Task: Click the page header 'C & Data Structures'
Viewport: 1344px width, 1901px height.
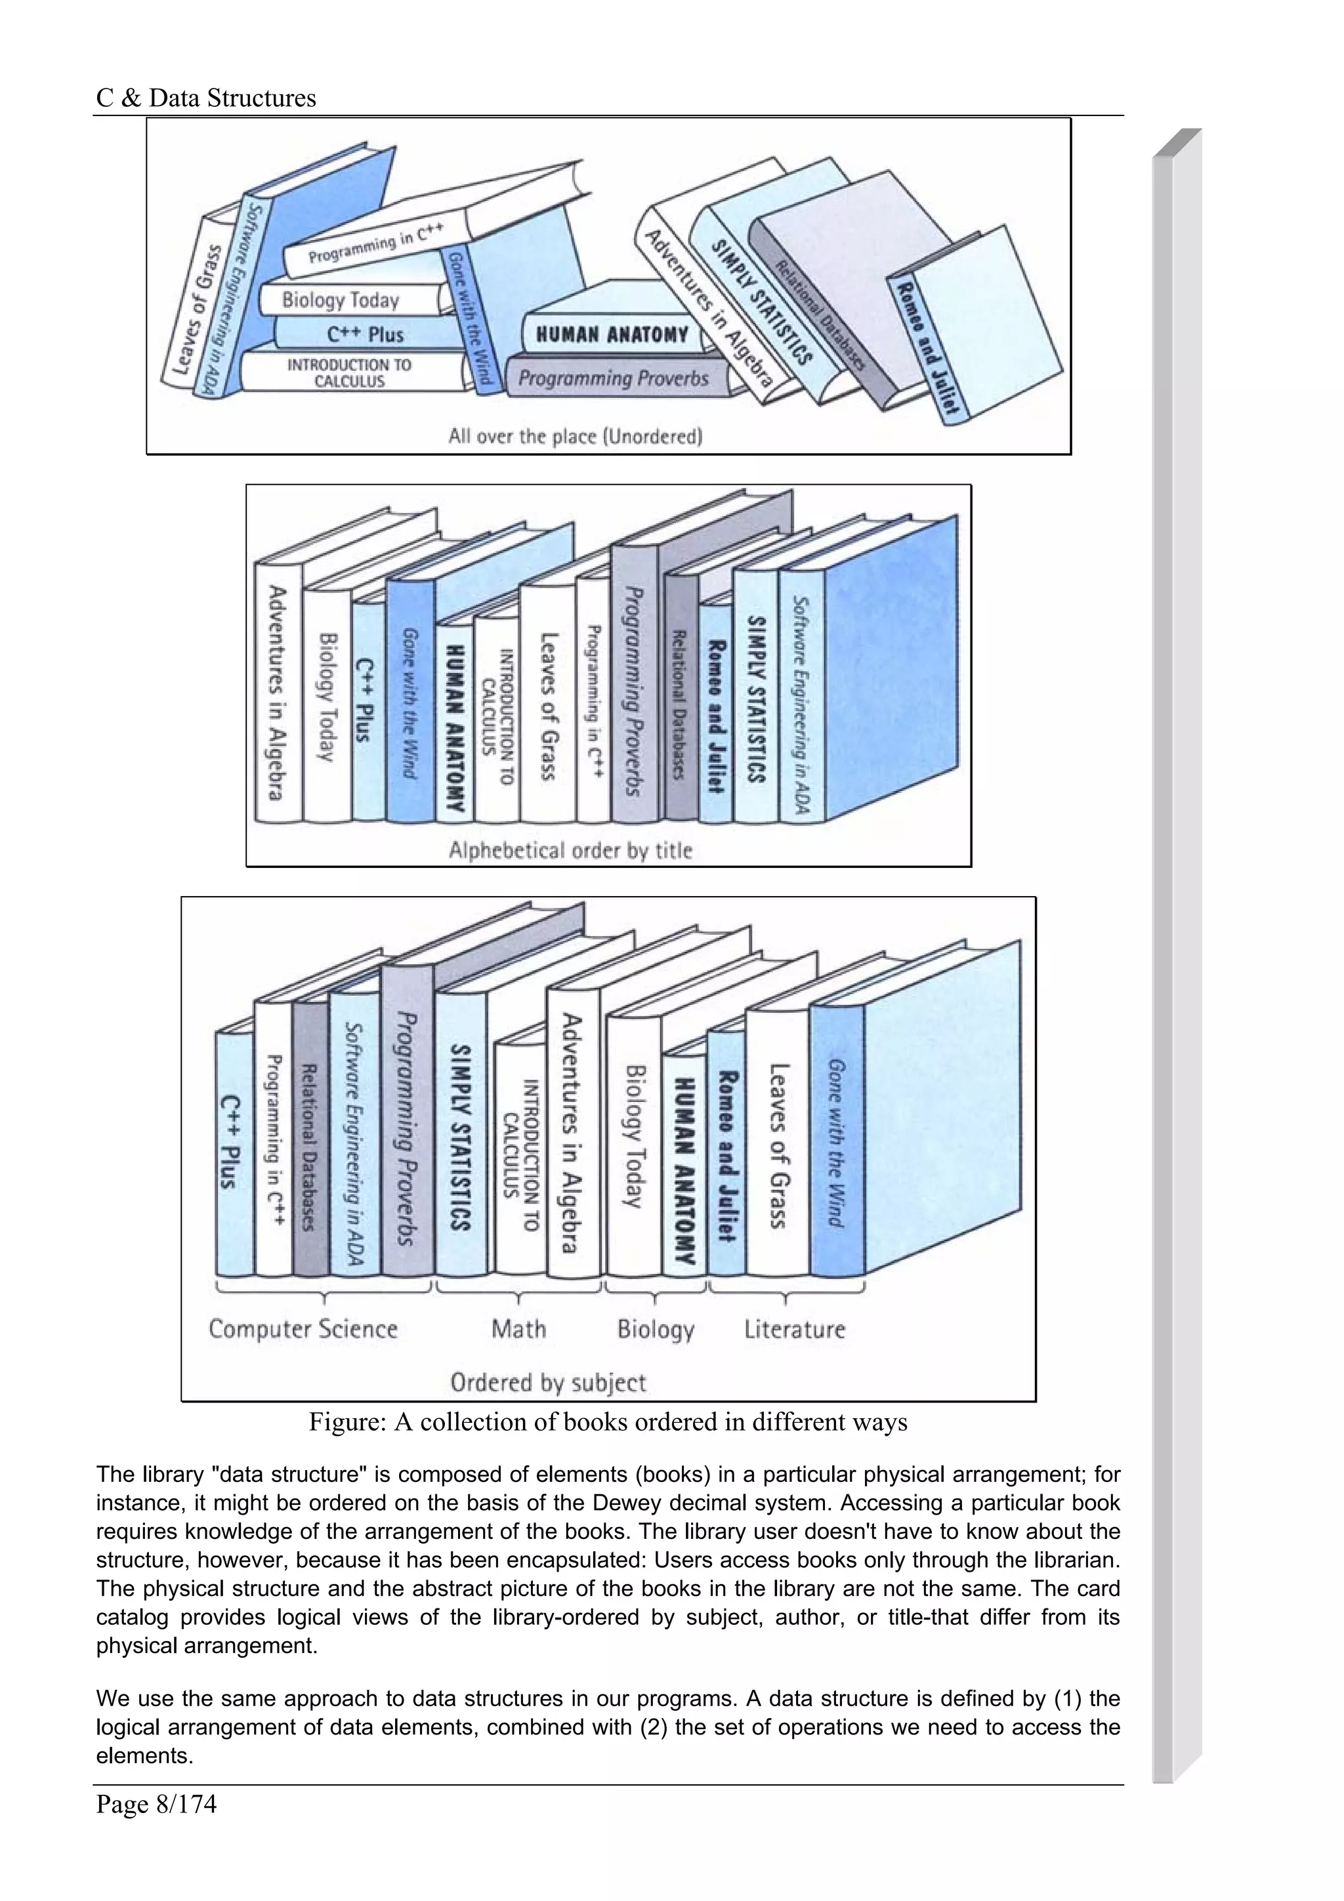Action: [x=205, y=98]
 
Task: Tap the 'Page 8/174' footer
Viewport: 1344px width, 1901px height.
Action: [x=156, y=1803]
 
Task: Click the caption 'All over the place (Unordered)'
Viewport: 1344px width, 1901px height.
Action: [x=575, y=436]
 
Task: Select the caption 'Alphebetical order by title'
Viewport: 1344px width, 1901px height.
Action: [x=570, y=850]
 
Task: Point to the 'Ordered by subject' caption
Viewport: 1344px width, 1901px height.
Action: [x=547, y=1382]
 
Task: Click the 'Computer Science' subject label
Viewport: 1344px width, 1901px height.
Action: [x=303, y=1329]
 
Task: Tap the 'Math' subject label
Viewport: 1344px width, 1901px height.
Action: [x=518, y=1329]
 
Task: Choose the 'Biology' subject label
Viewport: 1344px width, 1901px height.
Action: [x=656, y=1330]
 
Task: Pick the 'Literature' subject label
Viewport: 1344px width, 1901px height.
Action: [x=794, y=1329]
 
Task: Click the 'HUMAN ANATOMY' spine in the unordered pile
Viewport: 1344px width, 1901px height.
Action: [x=612, y=335]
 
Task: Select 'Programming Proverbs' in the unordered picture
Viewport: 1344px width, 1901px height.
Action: [x=613, y=378]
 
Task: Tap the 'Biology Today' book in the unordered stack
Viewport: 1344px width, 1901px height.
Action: [x=341, y=300]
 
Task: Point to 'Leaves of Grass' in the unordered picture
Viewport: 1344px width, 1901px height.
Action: [x=196, y=306]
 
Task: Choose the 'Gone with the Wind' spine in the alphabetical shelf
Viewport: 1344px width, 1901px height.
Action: [x=409, y=702]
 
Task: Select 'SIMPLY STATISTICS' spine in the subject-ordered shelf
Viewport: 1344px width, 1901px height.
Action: [x=461, y=1137]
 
